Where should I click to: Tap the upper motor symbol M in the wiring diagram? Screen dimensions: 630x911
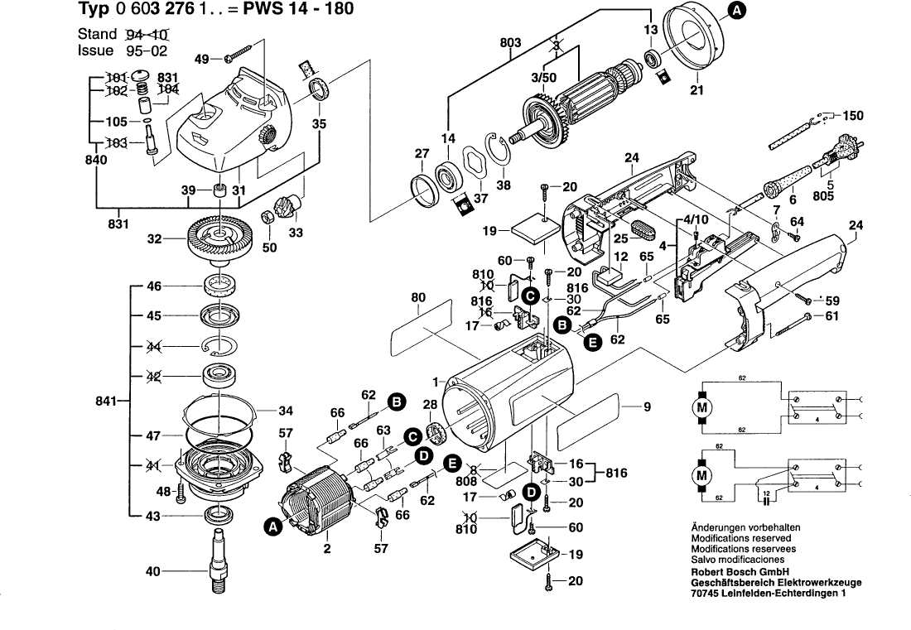701,408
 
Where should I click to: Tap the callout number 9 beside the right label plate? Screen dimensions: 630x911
648,406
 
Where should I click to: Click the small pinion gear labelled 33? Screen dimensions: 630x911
287,204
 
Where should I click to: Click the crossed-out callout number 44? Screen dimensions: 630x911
154,347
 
